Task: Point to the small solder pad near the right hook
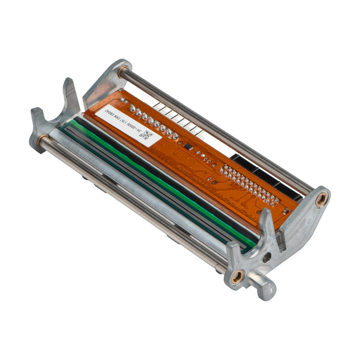click(x=285, y=211)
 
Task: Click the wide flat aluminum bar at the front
click(x=140, y=195)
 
